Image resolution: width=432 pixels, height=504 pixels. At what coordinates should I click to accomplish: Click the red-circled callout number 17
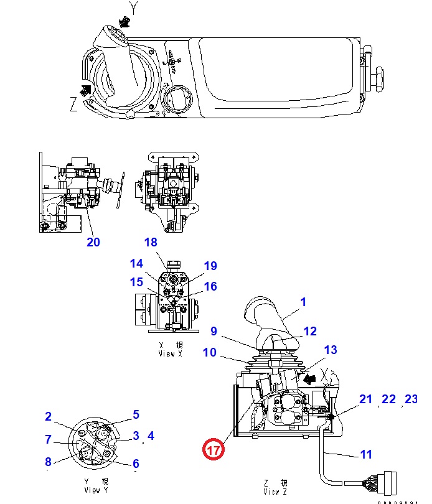click(x=214, y=449)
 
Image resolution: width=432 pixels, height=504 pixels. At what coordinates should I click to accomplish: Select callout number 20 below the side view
click(x=93, y=242)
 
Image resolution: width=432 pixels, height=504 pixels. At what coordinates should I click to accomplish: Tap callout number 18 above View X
click(x=151, y=242)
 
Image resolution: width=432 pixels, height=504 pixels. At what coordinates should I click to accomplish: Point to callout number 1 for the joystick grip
click(x=304, y=302)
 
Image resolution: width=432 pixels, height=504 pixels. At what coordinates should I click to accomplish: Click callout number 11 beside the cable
click(x=367, y=454)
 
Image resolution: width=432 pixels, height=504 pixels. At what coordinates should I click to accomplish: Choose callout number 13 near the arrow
click(x=331, y=350)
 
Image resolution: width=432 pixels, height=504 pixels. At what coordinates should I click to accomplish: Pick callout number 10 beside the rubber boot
click(x=209, y=353)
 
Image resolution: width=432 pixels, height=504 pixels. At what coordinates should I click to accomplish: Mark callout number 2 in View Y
click(x=48, y=417)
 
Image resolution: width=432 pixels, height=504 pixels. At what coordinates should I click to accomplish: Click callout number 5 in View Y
click(x=136, y=414)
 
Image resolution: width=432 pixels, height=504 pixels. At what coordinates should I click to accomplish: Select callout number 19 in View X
click(x=210, y=266)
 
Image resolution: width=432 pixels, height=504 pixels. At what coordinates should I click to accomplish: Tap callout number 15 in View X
click(x=136, y=282)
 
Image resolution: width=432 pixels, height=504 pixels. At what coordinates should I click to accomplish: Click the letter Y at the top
click(x=132, y=7)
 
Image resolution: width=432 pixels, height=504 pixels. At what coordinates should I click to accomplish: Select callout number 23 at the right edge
click(x=411, y=399)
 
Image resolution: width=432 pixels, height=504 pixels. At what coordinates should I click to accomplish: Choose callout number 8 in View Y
click(x=48, y=461)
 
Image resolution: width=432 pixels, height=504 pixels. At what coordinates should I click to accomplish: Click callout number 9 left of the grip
click(x=213, y=331)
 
